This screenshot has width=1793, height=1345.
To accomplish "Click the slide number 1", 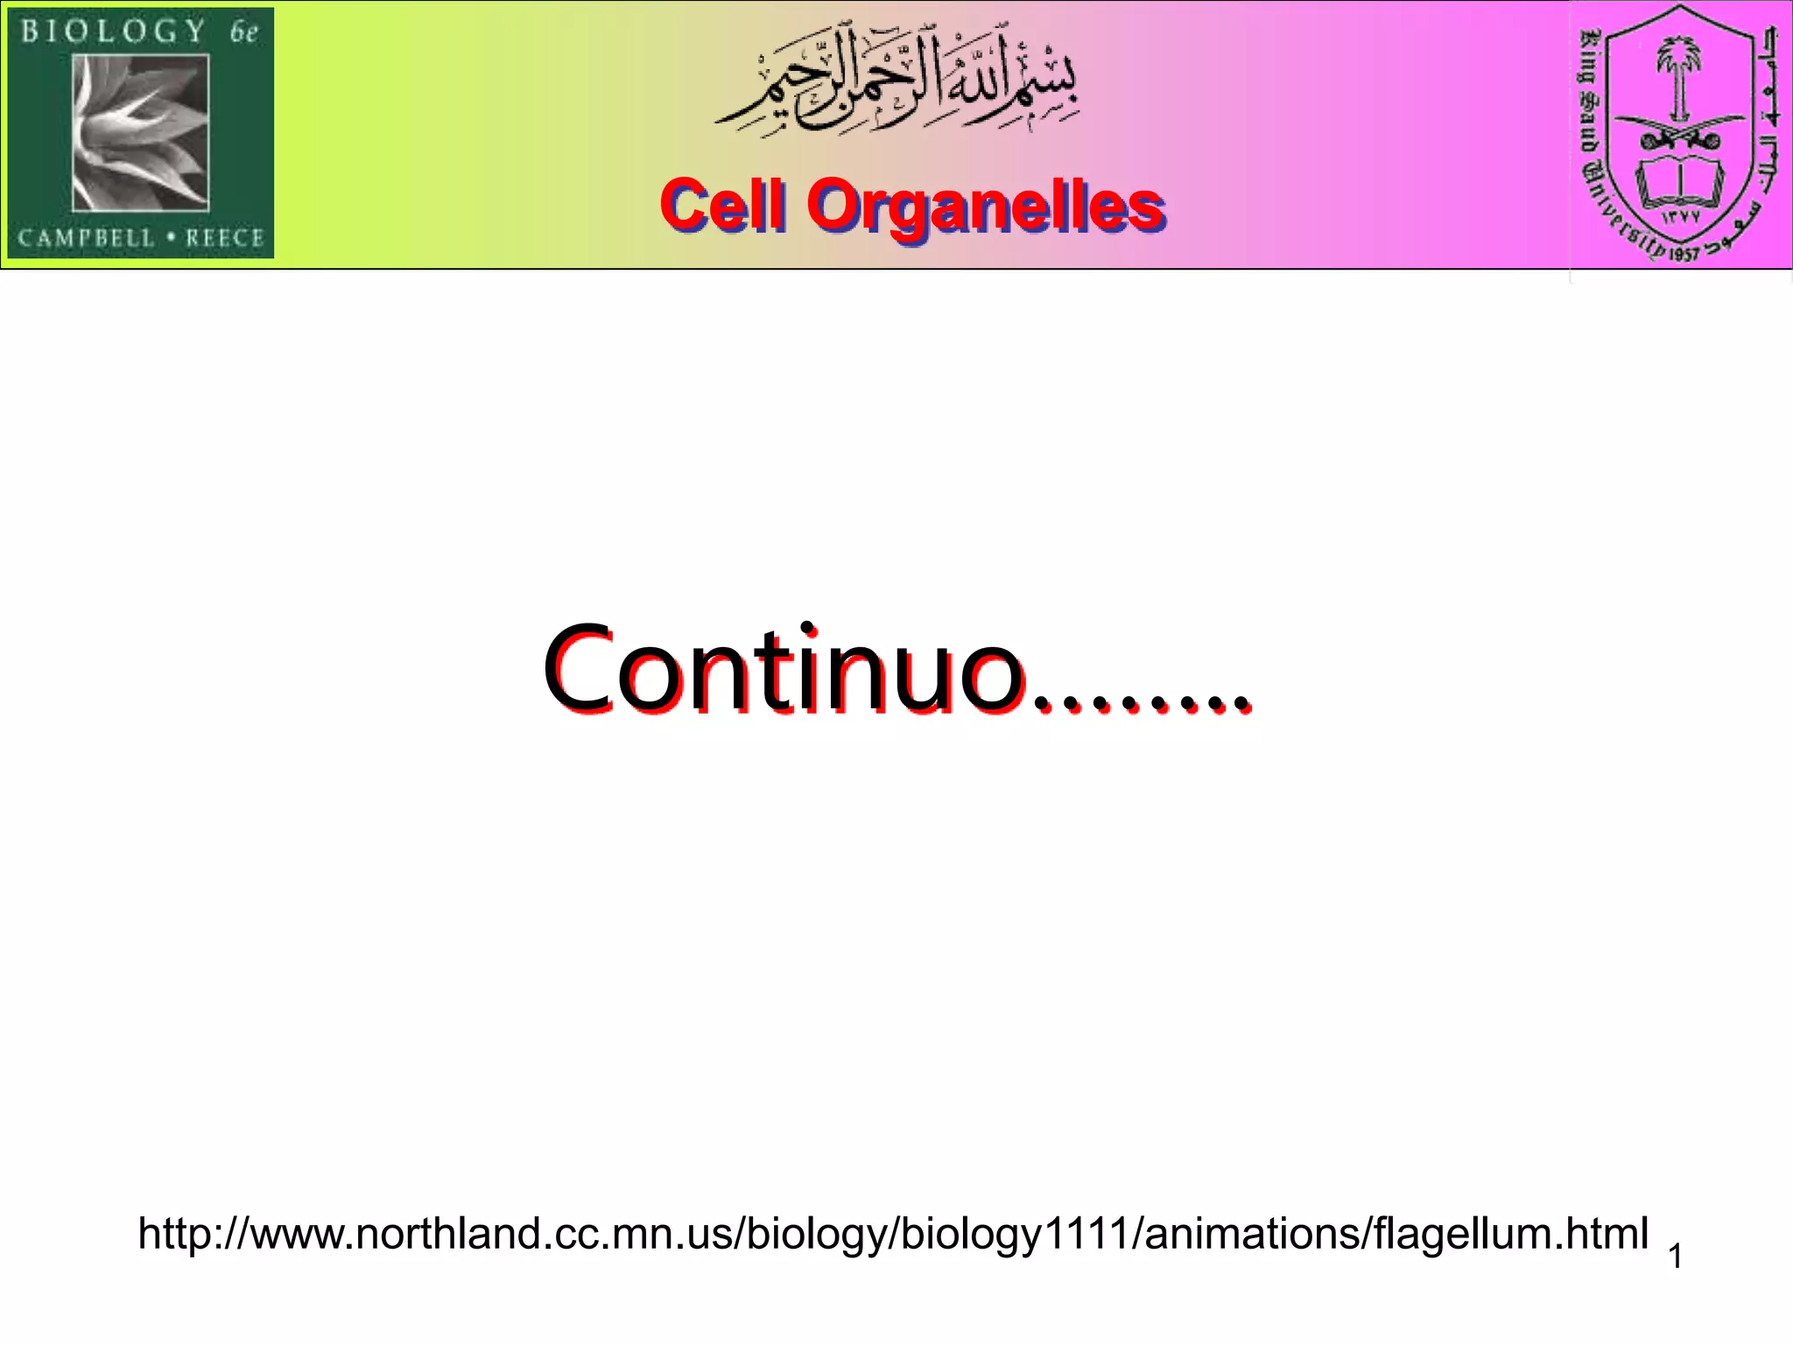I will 1675,1257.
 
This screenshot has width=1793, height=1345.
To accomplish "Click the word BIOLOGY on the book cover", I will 114,32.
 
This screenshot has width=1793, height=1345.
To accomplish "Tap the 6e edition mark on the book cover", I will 244,33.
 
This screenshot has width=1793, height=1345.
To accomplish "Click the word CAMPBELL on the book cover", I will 86,238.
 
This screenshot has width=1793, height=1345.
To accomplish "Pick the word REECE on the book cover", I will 224,238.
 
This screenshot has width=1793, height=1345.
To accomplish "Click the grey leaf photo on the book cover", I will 140,133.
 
